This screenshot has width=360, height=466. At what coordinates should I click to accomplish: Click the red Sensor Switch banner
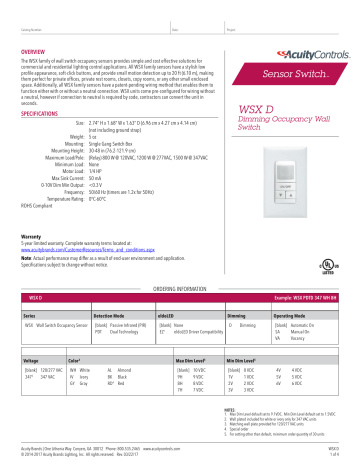tap(289, 74)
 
